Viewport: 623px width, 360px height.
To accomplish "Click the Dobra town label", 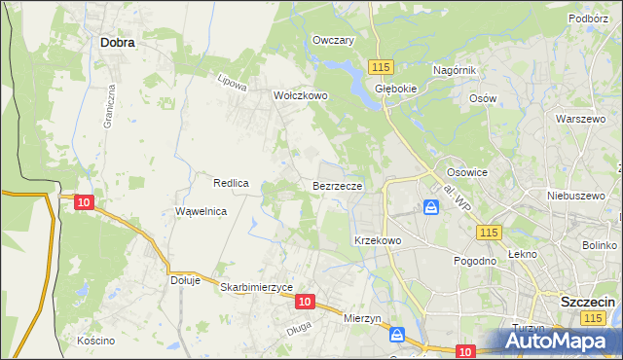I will pyautogui.click(x=117, y=43).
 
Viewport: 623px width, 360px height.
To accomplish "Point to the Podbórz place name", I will pyautogui.click(x=588, y=18).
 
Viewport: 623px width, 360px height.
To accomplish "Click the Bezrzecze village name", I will pyautogui.click(x=338, y=185).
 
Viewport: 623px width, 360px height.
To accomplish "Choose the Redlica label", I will pyautogui.click(x=232, y=183).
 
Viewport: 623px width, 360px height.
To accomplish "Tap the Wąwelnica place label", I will pyautogui.click(x=201, y=211).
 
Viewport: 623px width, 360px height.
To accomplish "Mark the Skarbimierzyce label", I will pyautogui.click(x=257, y=287).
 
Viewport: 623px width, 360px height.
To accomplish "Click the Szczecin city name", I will pyautogui.click(x=588, y=303).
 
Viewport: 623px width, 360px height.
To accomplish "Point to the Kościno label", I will pyautogui.click(x=95, y=341).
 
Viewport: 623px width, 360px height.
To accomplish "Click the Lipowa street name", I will pyautogui.click(x=234, y=84).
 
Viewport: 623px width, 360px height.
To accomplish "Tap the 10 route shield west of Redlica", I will pyautogui.click(x=84, y=202).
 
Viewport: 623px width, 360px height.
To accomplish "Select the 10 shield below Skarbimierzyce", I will pyautogui.click(x=305, y=303).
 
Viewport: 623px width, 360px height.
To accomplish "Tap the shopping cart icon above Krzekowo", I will pyautogui.click(x=430, y=207).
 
